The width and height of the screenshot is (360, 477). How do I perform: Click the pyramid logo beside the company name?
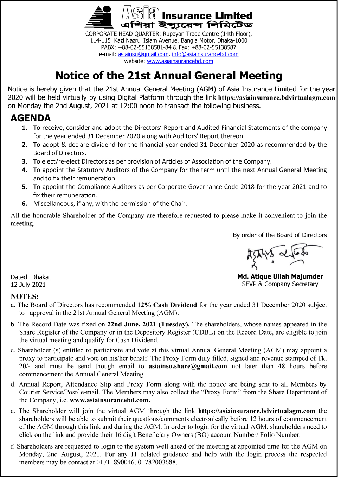pos(99,17)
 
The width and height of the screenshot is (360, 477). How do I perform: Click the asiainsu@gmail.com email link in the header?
pos(143,54)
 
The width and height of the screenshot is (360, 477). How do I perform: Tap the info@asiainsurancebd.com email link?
pos(205,54)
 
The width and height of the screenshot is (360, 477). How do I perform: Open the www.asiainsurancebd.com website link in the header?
pos(180,61)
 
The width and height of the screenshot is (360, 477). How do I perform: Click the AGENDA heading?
pos(31,118)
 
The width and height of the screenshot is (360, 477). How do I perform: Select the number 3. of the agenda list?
pos(25,161)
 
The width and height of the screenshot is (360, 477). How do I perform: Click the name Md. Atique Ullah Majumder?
pos(280,276)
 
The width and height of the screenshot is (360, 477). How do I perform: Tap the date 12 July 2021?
pos(28,285)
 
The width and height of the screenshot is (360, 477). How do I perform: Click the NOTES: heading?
pos(25,296)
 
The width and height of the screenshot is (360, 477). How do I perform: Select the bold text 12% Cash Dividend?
pos(167,305)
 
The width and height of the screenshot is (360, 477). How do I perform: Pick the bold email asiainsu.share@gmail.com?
pos(188,366)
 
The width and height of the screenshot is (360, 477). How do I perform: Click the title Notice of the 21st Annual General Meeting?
pos(169,76)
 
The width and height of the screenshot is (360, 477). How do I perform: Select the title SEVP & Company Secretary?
pos(280,284)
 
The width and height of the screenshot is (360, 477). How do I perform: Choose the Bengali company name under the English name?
pos(186,25)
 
